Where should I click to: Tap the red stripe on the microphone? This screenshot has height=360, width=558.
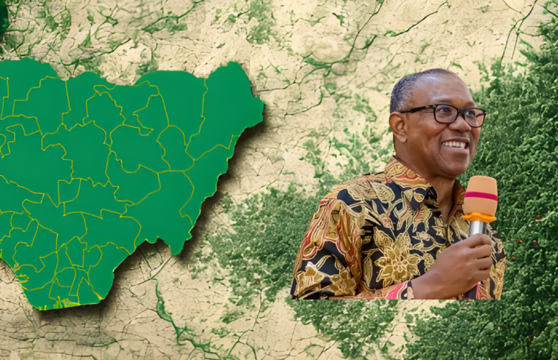(480, 195)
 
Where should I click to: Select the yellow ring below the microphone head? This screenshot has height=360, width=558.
(479, 217)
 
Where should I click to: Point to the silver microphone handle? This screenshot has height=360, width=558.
(477, 228)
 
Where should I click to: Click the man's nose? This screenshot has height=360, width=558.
(460, 127)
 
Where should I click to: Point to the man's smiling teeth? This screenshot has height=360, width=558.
(456, 145)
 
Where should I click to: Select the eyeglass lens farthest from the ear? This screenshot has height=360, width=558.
(474, 116)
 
